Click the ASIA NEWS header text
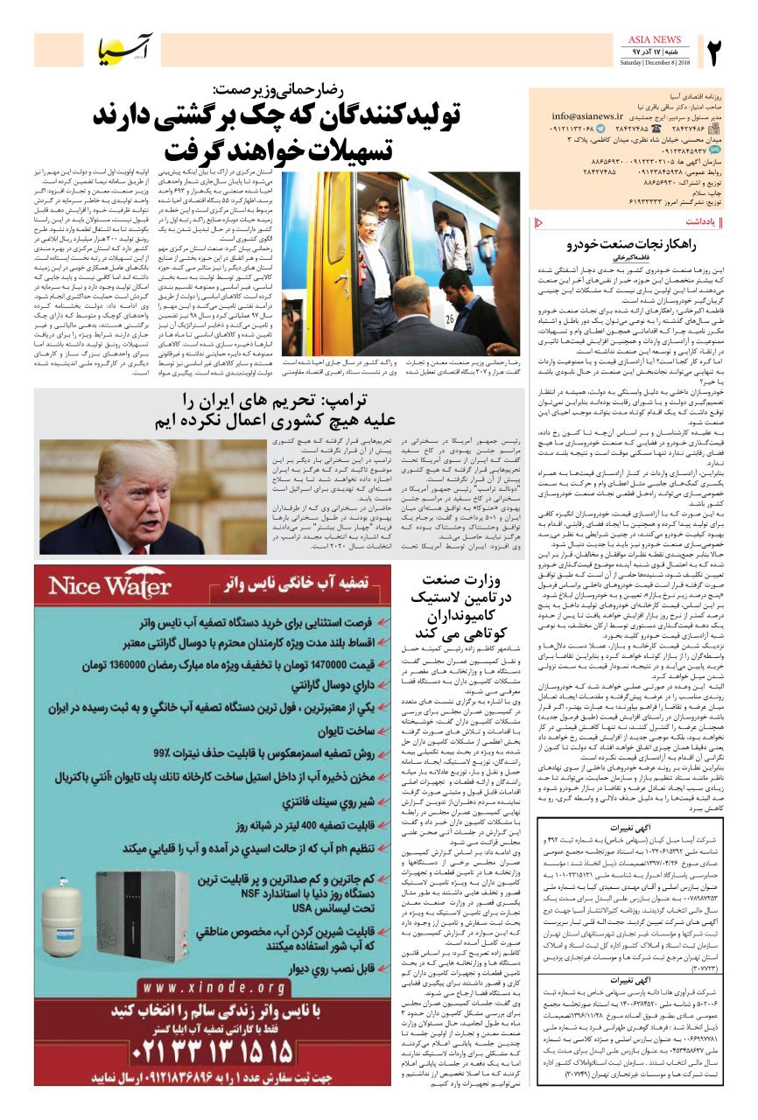655,39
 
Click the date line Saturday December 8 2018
655,63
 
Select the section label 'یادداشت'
699,222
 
